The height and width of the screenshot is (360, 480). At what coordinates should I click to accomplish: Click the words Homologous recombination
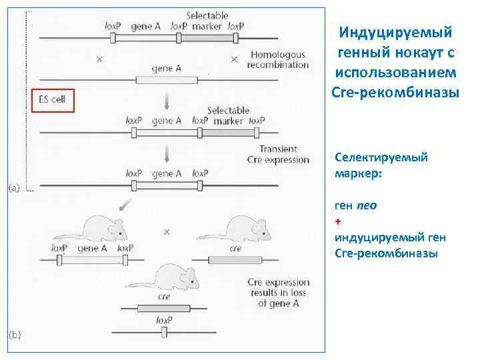(277, 60)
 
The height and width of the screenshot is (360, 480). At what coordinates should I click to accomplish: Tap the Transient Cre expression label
(278, 155)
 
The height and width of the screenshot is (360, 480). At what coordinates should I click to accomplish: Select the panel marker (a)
(15, 189)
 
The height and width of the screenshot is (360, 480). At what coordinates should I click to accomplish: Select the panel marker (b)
(15, 335)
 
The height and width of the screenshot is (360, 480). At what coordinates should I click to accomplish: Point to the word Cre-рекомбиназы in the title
(395, 91)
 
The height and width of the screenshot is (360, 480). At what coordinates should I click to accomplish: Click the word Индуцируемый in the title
(395, 33)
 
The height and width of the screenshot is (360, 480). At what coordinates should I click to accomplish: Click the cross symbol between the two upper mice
(167, 233)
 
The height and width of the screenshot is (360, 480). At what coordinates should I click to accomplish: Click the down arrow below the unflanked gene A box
(167, 100)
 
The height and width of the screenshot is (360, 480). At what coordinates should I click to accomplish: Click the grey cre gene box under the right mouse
(235, 260)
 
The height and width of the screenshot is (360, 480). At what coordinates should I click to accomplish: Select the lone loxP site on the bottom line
(164, 331)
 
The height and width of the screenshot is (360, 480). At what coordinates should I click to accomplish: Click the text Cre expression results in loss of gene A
(278, 293)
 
